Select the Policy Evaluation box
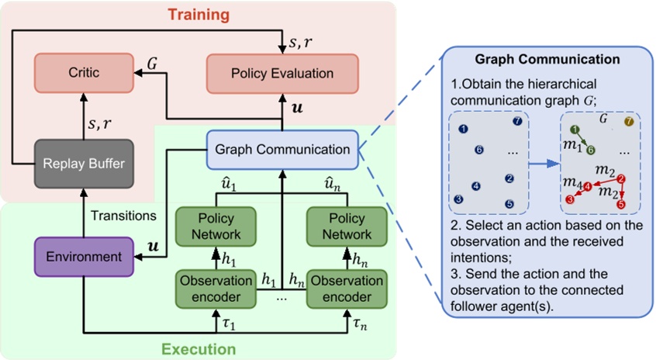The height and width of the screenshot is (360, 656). point(281,73)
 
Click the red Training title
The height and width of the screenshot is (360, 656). point(200,14)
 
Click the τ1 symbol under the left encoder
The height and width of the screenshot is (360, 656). point(218,320)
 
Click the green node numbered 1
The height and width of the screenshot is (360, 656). point(574,130)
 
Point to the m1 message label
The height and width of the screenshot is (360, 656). point(572,146)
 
